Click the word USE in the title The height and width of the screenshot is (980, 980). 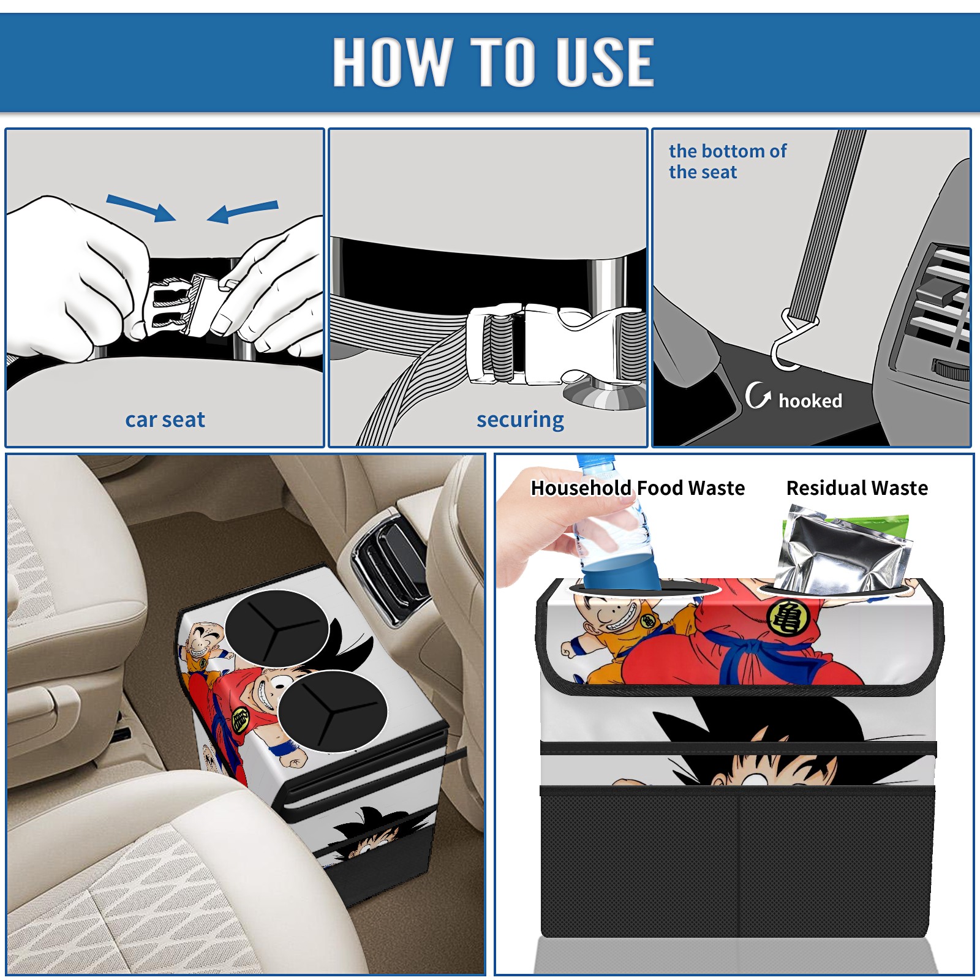click(605, 61)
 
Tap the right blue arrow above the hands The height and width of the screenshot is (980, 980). click(243, 212)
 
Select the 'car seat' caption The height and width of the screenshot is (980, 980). click(165, 420)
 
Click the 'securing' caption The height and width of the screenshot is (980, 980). click(520, 420)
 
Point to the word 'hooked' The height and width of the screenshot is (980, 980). click(810, 401)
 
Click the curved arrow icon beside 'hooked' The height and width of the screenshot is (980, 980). click(757, 395)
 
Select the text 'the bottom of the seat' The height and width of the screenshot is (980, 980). click(727, 162)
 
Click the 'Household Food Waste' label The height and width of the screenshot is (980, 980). click(638, 488)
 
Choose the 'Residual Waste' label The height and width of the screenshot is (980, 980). click(857, 488)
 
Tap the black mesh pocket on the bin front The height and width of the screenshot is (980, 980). click(737, 864)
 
